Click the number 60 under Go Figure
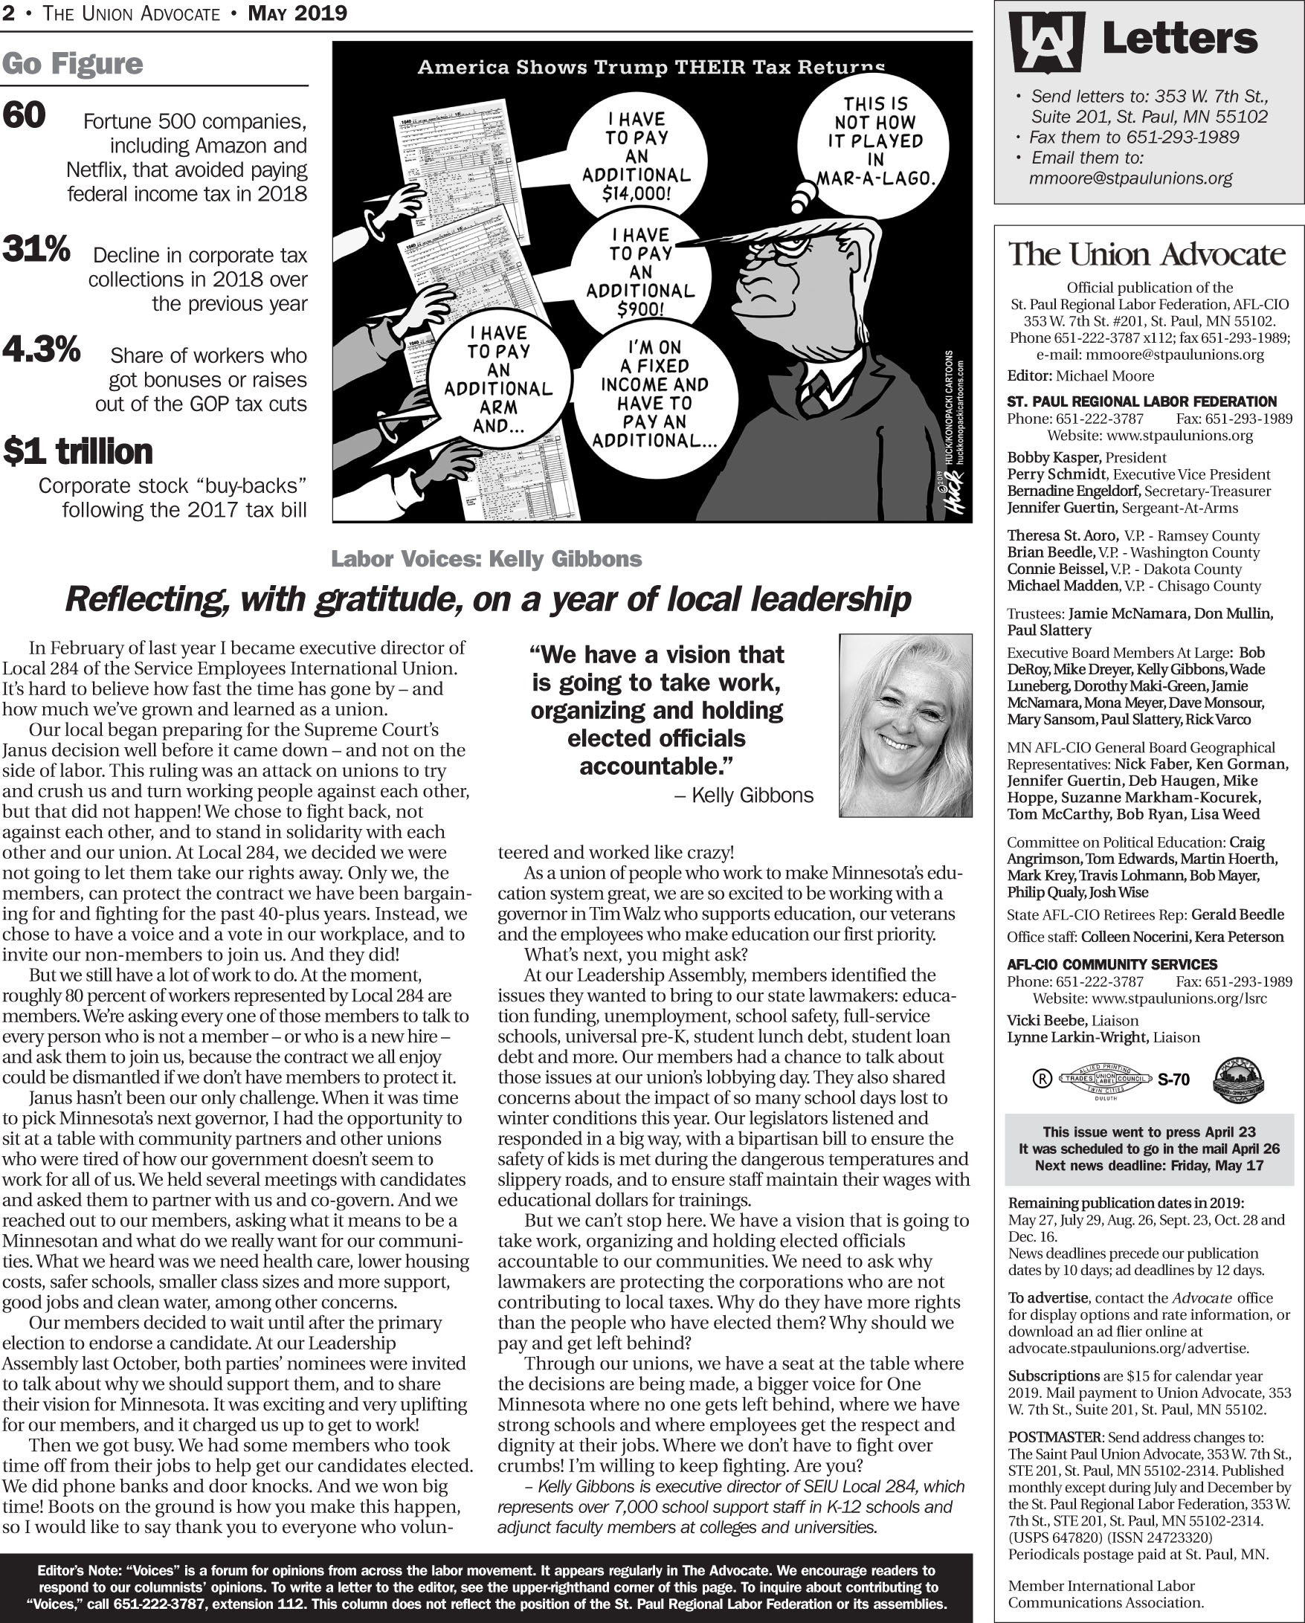click(24, 116)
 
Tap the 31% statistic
click(36, 249)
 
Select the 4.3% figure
click(42, 349)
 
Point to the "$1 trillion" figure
click(78, 452)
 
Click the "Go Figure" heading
click(72, 65)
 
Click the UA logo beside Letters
click(1047, 42)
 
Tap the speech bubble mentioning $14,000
click(637, 158)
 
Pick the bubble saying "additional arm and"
click(497, 379)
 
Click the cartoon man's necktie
click(813, 396)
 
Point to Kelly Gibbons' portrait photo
click(905, 725)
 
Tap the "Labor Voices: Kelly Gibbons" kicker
click(486, 559)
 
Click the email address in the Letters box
click(1130, 179)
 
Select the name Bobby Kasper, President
click(1086, 458)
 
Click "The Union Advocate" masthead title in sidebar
click(1147, 255)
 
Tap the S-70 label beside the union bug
click(1173, 1080)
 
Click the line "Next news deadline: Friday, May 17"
click(1148, 1166)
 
